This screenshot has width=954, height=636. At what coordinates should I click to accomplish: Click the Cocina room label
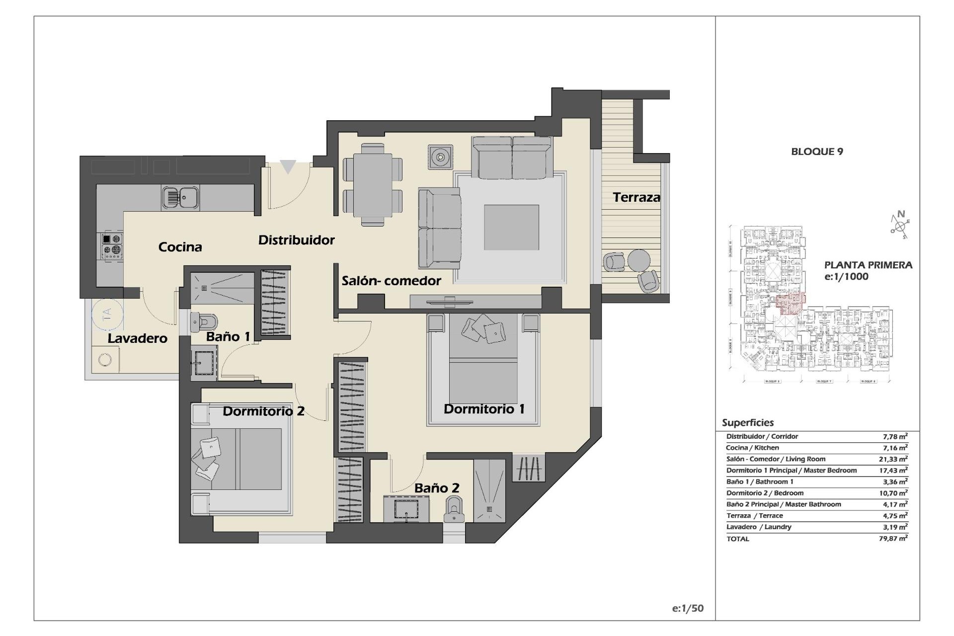(x=180, y=247)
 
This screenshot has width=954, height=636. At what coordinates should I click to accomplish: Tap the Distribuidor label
(x=297, y=240)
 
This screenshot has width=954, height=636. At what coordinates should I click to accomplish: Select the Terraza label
(x=636, y=197)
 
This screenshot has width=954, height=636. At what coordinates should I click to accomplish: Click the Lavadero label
(x=138, y=338)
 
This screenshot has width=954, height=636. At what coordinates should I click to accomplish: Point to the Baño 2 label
(x=437, y=488)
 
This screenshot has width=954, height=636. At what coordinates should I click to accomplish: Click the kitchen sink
(x=180, y=198)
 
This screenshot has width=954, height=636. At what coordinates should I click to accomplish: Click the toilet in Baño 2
(x=454, y=510)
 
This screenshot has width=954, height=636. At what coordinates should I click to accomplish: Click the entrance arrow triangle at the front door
(x=288, y=166)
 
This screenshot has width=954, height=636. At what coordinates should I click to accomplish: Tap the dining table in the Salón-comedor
(x=373, y=185)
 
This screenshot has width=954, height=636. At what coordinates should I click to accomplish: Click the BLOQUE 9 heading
(x=817, y=152)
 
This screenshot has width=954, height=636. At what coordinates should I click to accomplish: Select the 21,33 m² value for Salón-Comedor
(x=893, y=459)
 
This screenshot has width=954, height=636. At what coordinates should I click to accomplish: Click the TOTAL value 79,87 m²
(x=893, y=538)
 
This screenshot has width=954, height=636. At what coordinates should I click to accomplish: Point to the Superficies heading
(x=747, y=423)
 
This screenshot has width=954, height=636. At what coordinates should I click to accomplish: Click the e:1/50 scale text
(x=688, y=608)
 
